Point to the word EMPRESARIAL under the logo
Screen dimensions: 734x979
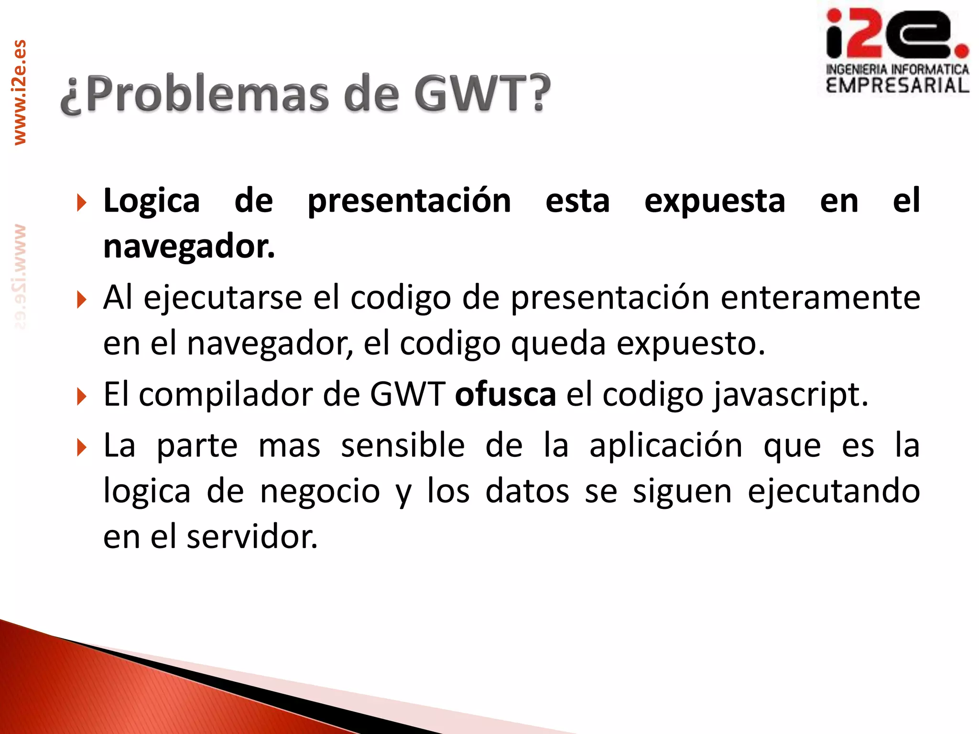pyautogui.click(x=897, y=86)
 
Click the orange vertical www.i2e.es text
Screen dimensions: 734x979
pyautogui.click(x=20, y=92)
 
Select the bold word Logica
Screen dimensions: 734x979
pyautogui.click(x=152, y=201)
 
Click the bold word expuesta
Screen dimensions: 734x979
pyautogui.click(x=715, y=201)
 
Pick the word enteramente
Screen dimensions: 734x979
pyautogui.click(x=820, y=298)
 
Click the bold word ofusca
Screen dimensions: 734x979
pyautogui.click(x=505, y=395)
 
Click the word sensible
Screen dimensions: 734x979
pyautogui.click(x=402, y=445)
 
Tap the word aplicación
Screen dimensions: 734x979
pyautogui.click(x=666, y=445)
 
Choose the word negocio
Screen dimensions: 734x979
pyautogui.click(x=320, y=491)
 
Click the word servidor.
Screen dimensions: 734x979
pyautogui.click(x=252, y=537)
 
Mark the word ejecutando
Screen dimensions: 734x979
pyautogui.click(x=834, y=491)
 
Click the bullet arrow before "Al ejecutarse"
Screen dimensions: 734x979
pyautogui.click(x=82, y=300)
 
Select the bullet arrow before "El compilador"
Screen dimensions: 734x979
pyautogui.click(x=82, y=397)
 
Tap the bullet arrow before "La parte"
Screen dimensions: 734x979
pyautogui.click(x=82, y=447)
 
